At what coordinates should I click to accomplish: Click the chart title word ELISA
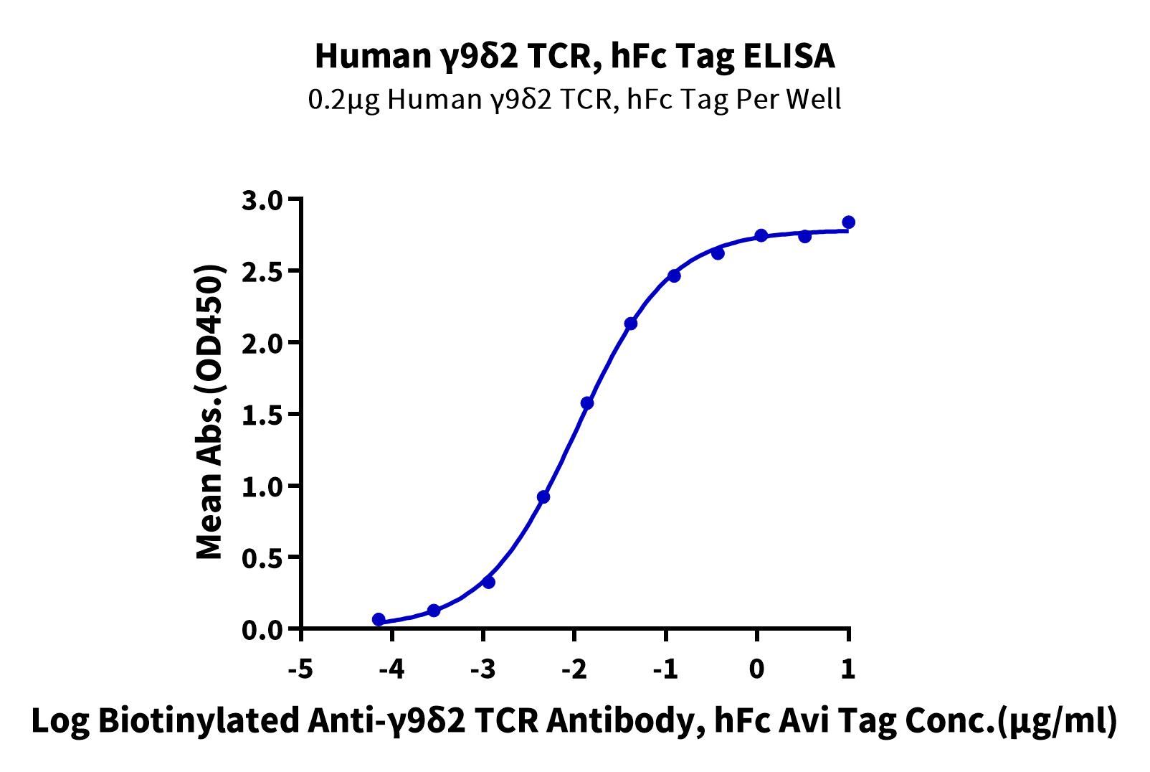(x=789, y=56)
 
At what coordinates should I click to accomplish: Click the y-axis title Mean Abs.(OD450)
(x=210, y=413)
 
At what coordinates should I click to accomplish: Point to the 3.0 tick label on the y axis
(x=262, y=199)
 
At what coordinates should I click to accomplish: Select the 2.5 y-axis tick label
(x=262, y=271)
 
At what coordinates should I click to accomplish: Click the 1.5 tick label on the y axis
(x=262, y=415)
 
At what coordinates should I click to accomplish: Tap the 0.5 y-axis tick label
(x=262, y=557)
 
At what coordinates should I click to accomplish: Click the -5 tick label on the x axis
(x=301, y=669)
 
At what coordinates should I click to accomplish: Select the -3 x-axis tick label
(x=483, y=669)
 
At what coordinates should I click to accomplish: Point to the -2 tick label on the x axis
(x=574, y=669)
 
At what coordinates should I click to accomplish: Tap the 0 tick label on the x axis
(x=756, y=669)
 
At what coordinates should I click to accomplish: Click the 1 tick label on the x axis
(x=848, y=669)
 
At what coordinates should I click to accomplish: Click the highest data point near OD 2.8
(x=849, y=222)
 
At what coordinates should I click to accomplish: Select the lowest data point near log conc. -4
(x=379, y=619)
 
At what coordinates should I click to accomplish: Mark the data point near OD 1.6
(x=586, y=403)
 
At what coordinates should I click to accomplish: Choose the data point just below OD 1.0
(x=543, y=497)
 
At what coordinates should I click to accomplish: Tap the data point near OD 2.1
(x=631, y=324)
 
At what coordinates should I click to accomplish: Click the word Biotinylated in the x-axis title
(x=198, y=721)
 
